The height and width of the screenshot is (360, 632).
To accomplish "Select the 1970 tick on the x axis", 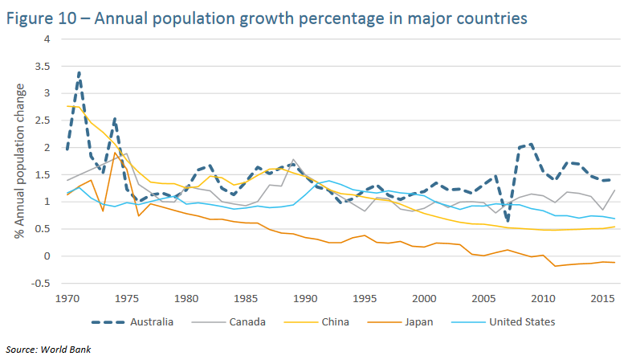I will point(67,298).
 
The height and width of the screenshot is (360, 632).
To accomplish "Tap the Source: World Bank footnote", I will point(48,350).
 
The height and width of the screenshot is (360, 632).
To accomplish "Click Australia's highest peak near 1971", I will point(79,72).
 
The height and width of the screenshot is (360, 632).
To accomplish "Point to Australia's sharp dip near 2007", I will point(508,221).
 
